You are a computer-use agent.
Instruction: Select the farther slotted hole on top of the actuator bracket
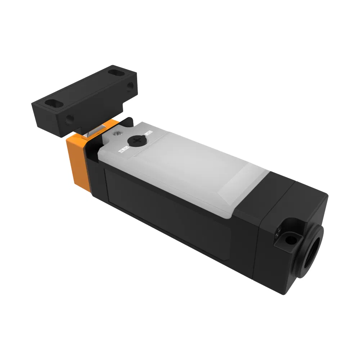coord(115,73)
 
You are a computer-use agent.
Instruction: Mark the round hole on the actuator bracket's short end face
coord(130,85)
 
